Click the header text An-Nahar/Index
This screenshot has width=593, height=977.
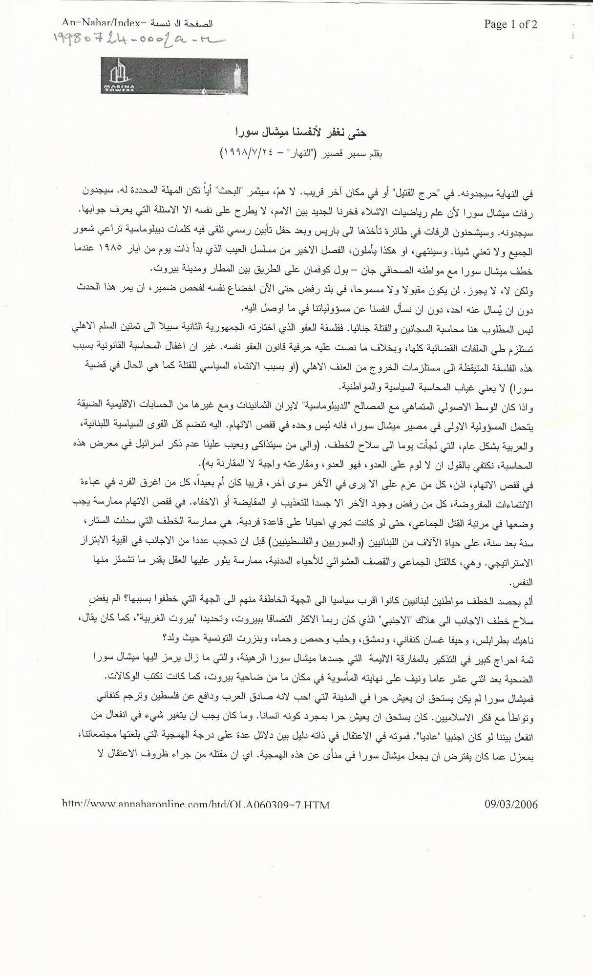pos(105,22)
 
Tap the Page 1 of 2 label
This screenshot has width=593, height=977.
pos(510,24)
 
